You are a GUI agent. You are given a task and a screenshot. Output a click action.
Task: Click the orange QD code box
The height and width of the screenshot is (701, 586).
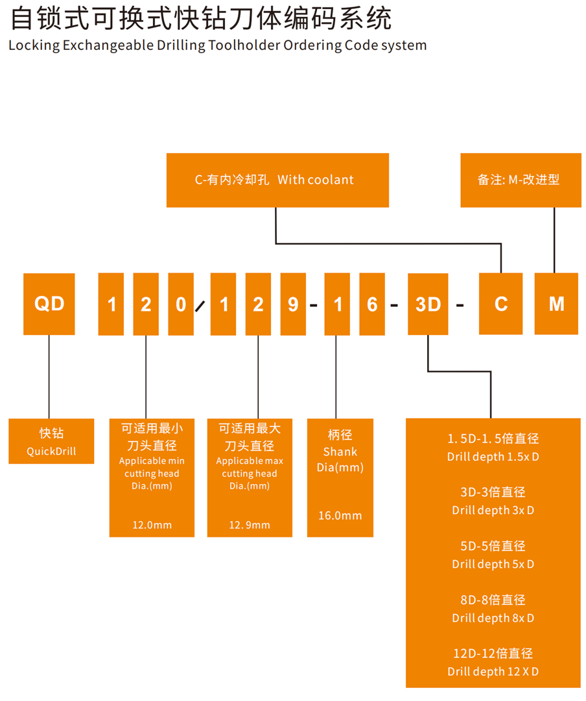[x=49, y=304]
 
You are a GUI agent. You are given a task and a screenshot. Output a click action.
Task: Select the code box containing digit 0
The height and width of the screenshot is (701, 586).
[x=181, y=304]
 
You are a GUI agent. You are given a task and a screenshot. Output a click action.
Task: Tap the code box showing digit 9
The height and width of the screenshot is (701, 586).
[x=293, y=304]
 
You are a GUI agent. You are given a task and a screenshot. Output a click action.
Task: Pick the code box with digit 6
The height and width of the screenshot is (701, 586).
[x=372, y=304]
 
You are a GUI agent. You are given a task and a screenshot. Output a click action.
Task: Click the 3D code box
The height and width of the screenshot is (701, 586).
[x=428, y=304]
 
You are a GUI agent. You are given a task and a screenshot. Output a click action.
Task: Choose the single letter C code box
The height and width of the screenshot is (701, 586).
[x=500, y=304]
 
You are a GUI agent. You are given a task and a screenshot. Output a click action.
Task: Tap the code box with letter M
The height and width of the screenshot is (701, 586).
[x=556, y=304]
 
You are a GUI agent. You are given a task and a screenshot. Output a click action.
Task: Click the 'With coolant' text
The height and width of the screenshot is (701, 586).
[x=316, y=180]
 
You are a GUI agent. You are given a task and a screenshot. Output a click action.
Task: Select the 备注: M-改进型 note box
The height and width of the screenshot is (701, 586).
[x=521, y=180]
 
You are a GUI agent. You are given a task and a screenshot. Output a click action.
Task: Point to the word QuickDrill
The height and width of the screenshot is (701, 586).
[x=51, y=451]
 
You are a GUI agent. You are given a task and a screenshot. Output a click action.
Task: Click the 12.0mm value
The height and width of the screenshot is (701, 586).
[x=152, y=524]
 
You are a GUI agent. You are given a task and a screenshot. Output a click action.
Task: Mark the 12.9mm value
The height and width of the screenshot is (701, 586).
[x=250, y=524]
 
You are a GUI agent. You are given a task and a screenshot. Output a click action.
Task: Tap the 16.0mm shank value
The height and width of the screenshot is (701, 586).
[x=340, y=515]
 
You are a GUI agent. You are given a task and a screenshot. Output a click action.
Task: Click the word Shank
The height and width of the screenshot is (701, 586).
[x=340, y=452]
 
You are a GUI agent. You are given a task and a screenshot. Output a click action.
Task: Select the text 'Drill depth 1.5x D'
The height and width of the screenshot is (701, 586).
[x=493, y=457]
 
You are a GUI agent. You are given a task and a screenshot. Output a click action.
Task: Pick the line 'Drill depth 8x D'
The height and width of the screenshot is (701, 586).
[x=493, y=618]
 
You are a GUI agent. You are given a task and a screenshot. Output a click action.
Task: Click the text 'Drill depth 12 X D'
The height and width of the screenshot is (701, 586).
[x=493, y=672]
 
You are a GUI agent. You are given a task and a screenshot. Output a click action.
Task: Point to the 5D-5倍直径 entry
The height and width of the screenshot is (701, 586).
[x=493, y=547]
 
